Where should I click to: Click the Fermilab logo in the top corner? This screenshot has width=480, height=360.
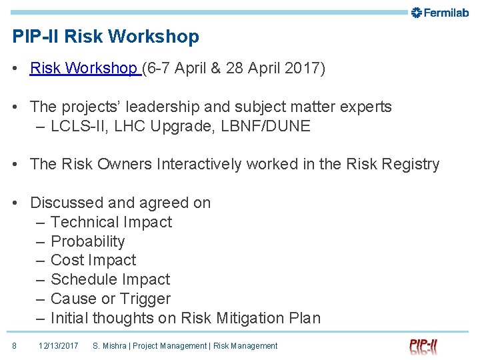coord(440,12)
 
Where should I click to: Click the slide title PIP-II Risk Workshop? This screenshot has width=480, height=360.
coord(105,37)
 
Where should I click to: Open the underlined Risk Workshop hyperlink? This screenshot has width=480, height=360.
coord(84,69)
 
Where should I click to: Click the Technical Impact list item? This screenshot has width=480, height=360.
coord(111,222)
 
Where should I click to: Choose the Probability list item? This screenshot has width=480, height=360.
coord(87,241)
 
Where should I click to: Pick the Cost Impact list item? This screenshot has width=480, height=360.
coord(93,260)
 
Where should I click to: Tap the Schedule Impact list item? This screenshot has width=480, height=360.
coord(110,279)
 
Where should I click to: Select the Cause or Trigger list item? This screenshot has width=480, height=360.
coord(110,299)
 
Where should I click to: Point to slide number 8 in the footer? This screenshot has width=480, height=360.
coord(14,345)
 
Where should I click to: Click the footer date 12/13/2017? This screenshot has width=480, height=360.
coord(59,345)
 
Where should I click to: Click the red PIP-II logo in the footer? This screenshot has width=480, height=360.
coord(424,345)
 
